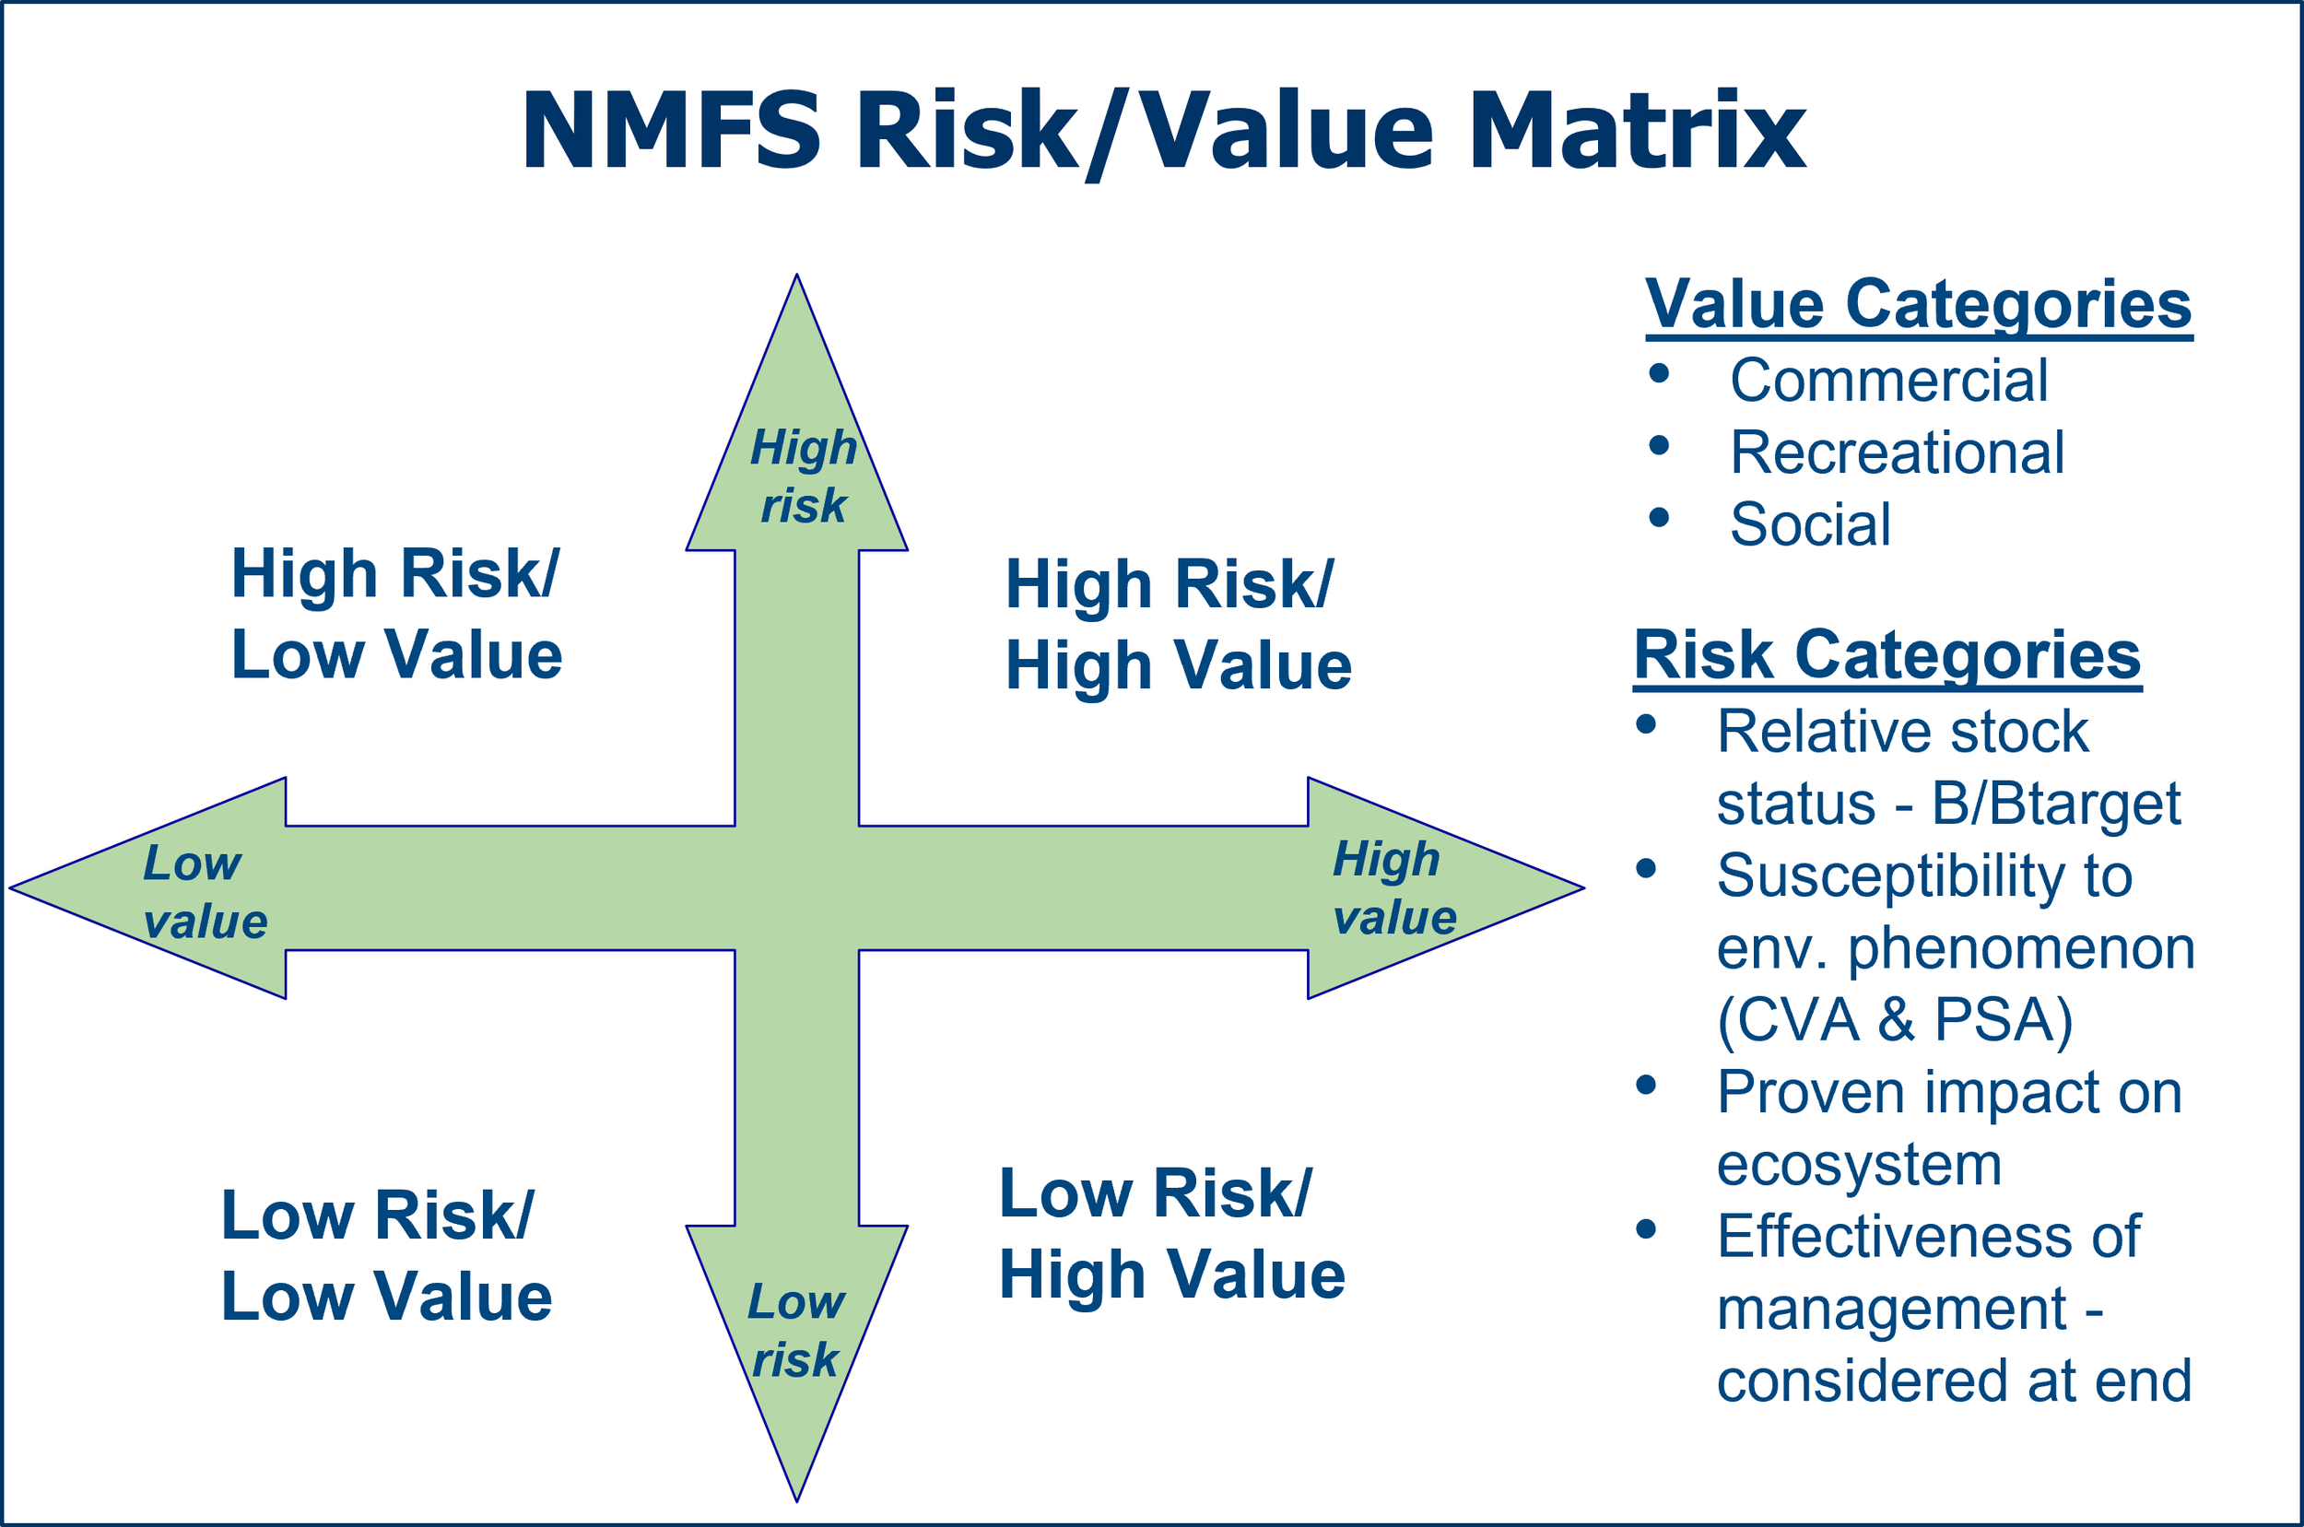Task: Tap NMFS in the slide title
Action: click(x=672, y=131)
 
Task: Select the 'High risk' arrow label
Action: click(x=804, y=476)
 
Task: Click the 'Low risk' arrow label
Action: click(x=795, y=1331)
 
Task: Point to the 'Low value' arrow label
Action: click(x=205, y=892)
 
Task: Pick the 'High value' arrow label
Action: click(x=1393, y=888)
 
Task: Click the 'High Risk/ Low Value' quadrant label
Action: click(x=396, y=614)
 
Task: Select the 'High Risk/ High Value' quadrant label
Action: click(x=1177, y=624)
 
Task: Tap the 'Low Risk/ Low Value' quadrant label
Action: click(x=386, y=1256)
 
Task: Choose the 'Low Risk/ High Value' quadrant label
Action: click(x=1171, y=1234)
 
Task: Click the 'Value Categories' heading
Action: click(x=1919, y=304)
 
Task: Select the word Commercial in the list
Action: click(x=1888, y=380)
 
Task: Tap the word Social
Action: click(x=1810, y=524)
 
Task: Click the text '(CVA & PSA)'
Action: click(x=1895, y=1019)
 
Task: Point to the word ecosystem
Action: click(x=1859, y=1164)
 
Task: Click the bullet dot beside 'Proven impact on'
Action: click(x=1647, y=1085)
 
